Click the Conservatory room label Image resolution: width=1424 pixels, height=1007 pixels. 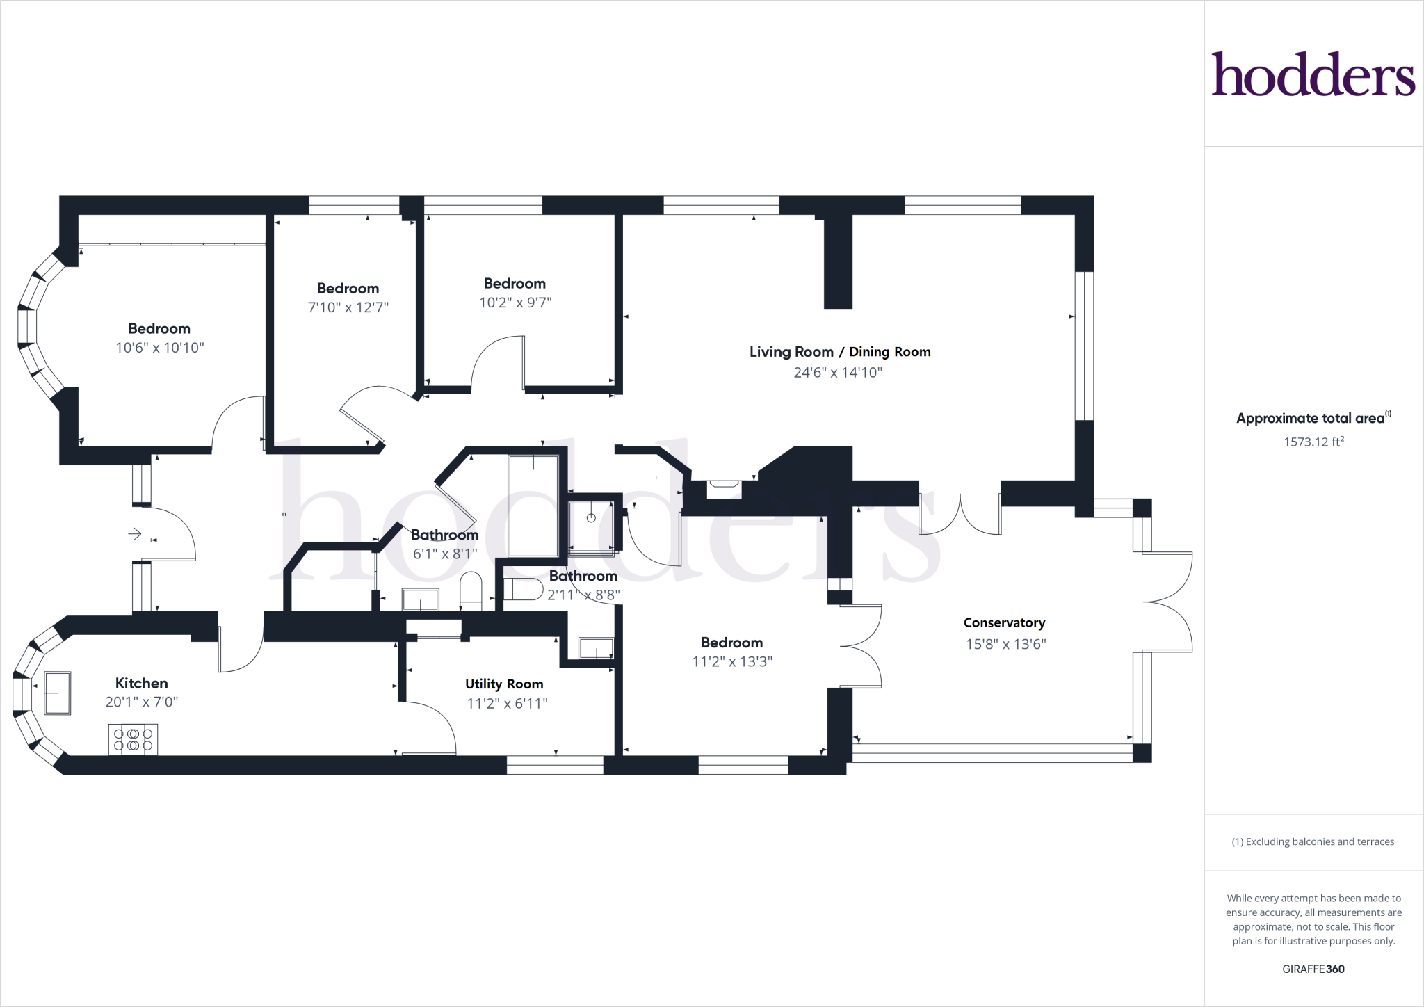coord(1004,623)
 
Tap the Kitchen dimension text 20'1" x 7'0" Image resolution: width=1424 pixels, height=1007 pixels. coord(142,702)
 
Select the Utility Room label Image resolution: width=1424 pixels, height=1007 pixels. coord(504,684)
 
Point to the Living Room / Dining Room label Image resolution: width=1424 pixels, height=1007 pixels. coord(840,352)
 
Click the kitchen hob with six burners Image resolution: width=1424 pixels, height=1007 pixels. coord(133,739)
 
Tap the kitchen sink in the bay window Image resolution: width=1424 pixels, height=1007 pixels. coord(57,693)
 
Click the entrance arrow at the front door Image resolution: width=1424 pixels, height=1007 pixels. coord(135,534)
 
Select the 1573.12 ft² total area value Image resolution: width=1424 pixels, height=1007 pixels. coord(1313,442)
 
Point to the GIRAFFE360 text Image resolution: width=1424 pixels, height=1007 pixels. coord(1313,969)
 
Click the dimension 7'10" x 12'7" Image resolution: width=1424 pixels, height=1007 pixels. coord(348,307)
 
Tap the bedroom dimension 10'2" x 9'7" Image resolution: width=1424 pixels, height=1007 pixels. coord(515,303)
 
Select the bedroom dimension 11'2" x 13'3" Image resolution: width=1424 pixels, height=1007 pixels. coord(732,661)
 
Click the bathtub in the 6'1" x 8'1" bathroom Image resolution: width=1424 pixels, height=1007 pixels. coord(533,506)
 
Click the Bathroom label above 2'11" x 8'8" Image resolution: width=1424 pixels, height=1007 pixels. coord(583,576)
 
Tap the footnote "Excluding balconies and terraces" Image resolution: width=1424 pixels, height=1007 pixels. coord(1313,841)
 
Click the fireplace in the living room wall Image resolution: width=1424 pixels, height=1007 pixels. coord(724,489)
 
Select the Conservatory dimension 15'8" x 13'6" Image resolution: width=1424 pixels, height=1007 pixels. coord(1005,644)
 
